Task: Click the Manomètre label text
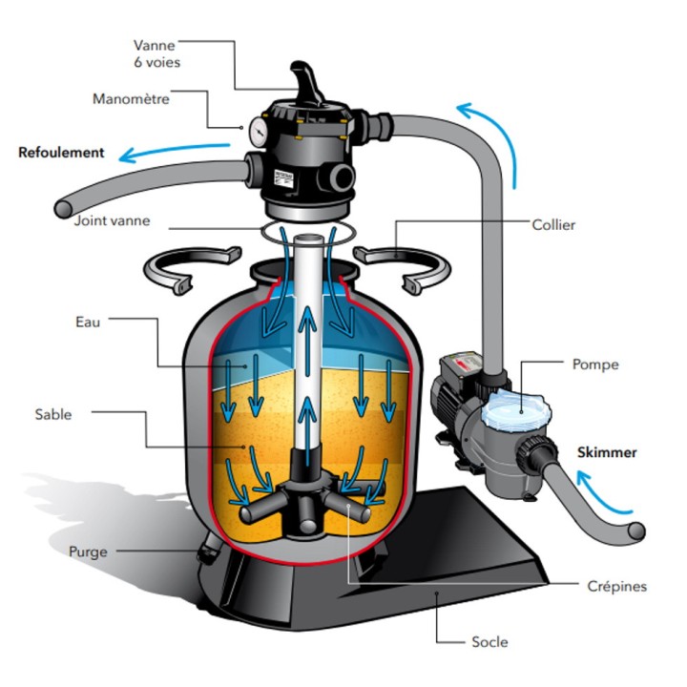coord(131,99)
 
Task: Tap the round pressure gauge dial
coord(259,131)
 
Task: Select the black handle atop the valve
coord(306,82)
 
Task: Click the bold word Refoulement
coord(61,153)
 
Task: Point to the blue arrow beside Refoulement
coord(175,152)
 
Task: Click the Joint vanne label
coord(112,220)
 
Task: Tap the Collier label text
coord(553,225)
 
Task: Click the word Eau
coord(88,323)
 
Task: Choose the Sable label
coord(53,414)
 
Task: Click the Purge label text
coord(88,552)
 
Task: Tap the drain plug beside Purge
coord(207,550)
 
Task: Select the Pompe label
coord(595,364)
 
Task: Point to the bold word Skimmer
coord(607,452)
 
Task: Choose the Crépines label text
coord(617,586)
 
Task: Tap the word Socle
coord(489,642)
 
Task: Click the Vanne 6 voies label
coord(156,53)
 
